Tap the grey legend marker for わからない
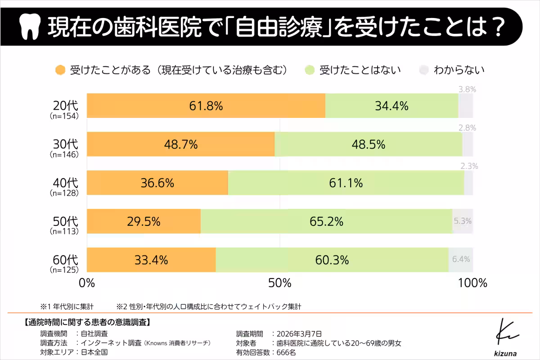(423, 70)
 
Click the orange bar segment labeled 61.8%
(206, 106)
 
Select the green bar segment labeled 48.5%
(368, 144)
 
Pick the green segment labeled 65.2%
(326, 221)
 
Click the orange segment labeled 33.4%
(151, 260)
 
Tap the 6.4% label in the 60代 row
(461, 259)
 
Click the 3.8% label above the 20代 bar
(467, 89)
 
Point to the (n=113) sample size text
(64, 232)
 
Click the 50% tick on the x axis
(279, 283)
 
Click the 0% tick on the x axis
(86, 283)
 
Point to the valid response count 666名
(286, 352)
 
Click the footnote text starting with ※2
(209, 306)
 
